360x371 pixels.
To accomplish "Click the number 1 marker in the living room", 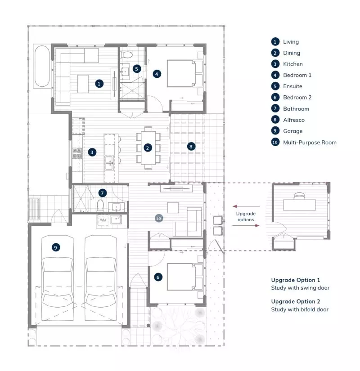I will (99, 83).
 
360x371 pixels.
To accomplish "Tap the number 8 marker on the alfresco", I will (191, 146).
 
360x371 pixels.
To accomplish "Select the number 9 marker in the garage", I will (55, 247).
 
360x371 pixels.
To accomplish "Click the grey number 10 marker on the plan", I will (158, 218).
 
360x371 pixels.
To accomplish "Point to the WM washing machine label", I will (103, 220).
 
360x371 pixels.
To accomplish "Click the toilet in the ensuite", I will (127, 55).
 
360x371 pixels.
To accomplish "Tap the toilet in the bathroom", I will (101, 206).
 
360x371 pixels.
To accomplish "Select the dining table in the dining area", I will (148, 148).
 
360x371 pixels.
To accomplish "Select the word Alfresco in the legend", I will (293, 120).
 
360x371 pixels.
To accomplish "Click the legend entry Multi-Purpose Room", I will (310, 143).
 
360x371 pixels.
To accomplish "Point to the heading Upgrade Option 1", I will (295, 280).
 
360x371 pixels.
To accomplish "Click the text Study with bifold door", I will (300, 309).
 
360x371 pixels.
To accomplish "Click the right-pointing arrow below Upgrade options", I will (246, 225).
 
